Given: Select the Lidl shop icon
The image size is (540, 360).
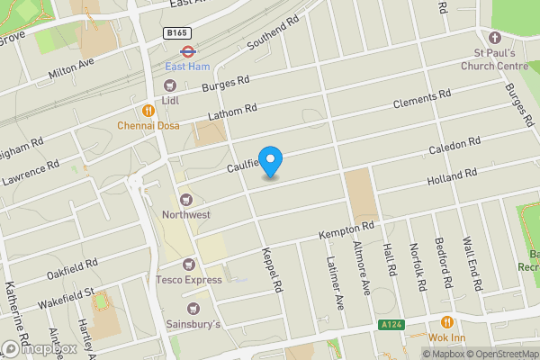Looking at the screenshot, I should [171, 85].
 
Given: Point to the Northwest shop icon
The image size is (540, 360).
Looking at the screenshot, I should [187, 200].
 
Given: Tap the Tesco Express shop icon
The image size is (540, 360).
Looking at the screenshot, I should [188, 265].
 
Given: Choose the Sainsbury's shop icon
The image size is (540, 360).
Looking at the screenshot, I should [188, 306].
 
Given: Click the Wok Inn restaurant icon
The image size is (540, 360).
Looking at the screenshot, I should [445, 323].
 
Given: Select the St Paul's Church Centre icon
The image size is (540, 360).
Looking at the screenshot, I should [493, 38].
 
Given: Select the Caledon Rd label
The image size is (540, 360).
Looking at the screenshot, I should [455, 146].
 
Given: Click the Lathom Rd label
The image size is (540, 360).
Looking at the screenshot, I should [232, 112].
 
